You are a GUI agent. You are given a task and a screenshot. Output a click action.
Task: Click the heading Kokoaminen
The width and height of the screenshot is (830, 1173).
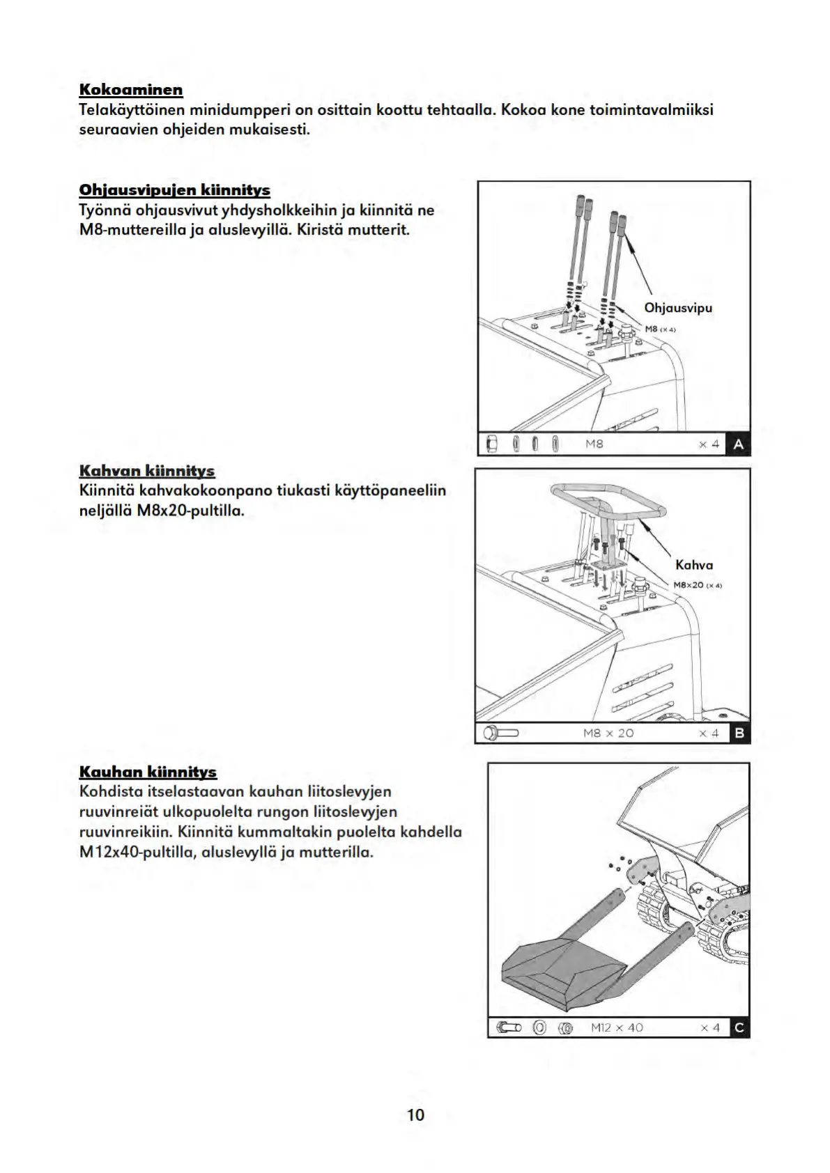click(131, 90)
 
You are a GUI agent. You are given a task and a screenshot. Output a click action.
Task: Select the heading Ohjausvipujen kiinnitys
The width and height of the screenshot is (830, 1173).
click(174, 190)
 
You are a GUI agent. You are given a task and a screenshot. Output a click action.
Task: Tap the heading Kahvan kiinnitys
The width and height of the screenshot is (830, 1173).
click(146, 471)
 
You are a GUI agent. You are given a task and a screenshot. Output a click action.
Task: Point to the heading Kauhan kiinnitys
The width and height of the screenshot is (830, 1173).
click(148, 772)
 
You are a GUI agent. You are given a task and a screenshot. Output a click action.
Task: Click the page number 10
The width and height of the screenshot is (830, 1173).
click(415, 1114)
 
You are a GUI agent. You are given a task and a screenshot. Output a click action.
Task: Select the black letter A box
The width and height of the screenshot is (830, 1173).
click(738, 444)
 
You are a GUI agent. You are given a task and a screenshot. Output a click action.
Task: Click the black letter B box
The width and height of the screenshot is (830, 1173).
click(739, 733)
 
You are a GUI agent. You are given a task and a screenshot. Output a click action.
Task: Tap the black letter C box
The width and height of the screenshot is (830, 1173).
click(739, 1027)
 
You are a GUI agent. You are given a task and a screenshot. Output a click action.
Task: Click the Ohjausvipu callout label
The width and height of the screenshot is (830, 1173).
click(678, 308)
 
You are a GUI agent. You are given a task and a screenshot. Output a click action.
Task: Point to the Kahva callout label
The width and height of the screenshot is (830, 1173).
click(694, 565)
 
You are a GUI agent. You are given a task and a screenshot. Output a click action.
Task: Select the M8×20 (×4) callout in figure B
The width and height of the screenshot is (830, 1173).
click(698, 585)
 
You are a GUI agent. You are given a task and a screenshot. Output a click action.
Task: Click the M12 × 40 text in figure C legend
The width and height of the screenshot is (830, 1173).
click(617, 1027)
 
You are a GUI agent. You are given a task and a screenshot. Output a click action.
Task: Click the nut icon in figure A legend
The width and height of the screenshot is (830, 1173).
click(491, 444)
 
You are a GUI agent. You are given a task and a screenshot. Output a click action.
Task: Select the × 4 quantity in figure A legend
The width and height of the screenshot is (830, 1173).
click(709, 444)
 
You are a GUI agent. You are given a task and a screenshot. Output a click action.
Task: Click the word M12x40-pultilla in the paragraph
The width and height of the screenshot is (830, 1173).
click(137, 852)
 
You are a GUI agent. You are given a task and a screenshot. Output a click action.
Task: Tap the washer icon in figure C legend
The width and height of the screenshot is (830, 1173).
click(539, 1027)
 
